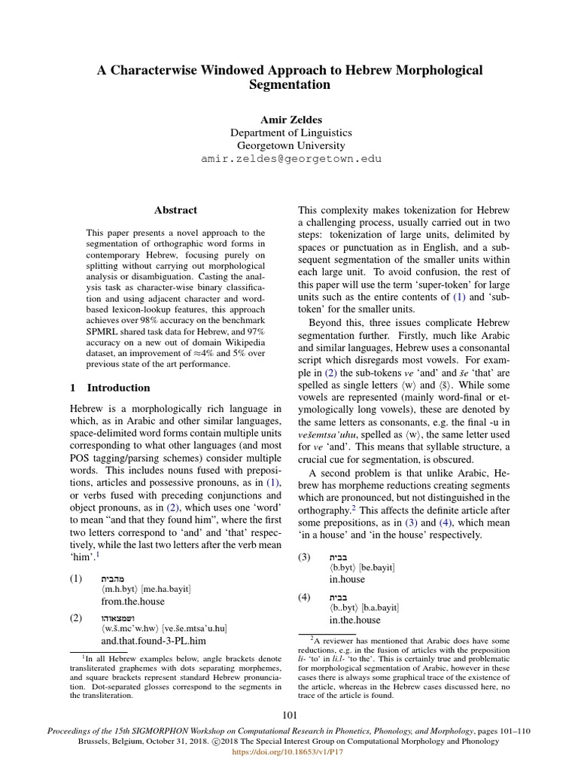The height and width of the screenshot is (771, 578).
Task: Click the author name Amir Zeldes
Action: point(290,119)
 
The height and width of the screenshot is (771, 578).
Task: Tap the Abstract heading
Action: point(175,211)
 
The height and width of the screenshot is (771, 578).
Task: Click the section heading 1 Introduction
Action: point(110,388)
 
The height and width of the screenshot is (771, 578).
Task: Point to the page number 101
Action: point(290,715)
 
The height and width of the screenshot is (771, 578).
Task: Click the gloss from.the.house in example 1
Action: point(132,602)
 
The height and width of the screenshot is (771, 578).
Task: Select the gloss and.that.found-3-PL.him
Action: point(154,640)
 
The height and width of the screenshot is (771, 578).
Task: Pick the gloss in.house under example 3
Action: point(347,579)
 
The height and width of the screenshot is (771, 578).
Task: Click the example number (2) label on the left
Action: point(76,617)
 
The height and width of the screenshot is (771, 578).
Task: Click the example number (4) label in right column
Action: point(304,597)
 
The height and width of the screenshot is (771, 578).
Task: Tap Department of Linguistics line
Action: point(290,133)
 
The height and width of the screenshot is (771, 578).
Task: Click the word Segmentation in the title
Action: point(290,85)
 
